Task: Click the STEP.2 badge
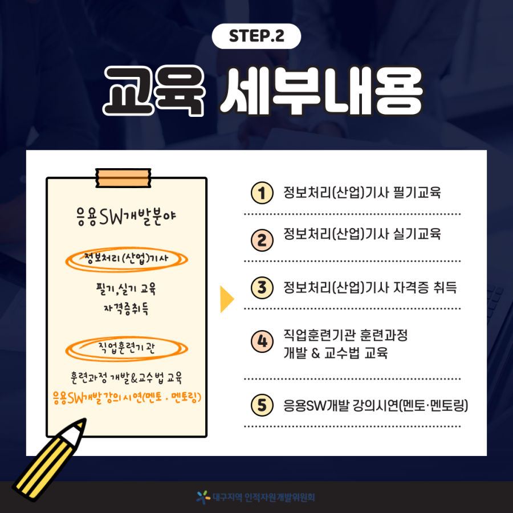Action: [x=256, y=36]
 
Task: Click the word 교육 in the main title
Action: [x=154, y=91]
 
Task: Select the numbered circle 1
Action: [x=262, y=193]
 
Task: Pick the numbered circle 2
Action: [x=262, y=240]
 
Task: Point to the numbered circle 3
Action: [x=262, y=288]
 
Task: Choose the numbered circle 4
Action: [x=262, y=341]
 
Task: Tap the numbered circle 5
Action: [x=262, y=405]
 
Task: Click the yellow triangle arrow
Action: [x=226, y=299]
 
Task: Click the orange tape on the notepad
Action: [x=123, y=178]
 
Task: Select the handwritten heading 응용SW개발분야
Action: [x=126, y=217]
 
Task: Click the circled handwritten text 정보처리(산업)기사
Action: [x=126, y=258]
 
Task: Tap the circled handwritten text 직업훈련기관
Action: [x=127, y=348]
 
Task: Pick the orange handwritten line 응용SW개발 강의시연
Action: [x=127, y=397]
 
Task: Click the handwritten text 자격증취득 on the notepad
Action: [x=126, y=308]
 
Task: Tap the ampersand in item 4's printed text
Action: [x=315, y=353]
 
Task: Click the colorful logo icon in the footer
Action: [x=203, y=497]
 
